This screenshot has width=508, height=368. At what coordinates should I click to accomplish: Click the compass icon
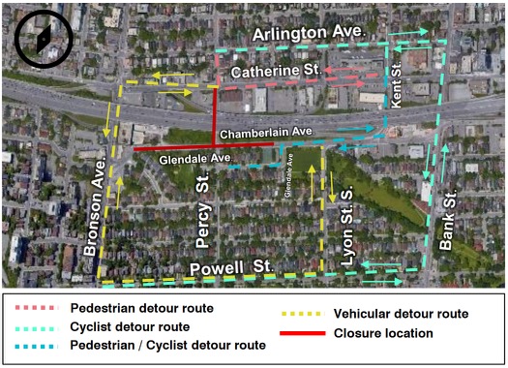39,38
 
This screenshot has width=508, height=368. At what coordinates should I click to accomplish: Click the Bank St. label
446,220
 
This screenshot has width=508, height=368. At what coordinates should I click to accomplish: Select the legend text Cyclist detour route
130,325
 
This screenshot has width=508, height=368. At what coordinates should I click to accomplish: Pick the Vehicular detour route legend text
401,314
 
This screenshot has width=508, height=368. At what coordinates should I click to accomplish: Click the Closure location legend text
384,333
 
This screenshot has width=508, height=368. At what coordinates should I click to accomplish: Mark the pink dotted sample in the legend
34,309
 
